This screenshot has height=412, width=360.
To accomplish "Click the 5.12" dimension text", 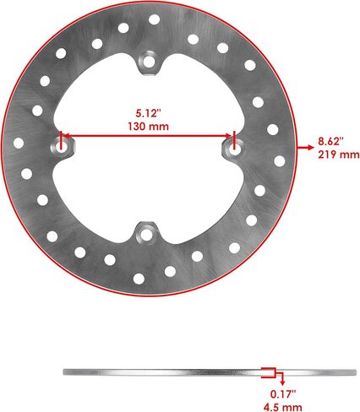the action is (x=148, y=113).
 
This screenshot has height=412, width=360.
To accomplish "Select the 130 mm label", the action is (x=149, y=127).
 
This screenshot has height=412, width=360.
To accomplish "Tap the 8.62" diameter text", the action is (x=331, y=141).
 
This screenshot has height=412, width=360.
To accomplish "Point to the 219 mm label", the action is (x=339, y=154).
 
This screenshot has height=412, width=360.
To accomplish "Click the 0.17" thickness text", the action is (x=283, y=394).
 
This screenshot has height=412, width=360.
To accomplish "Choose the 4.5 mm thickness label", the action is (x=283, y=407).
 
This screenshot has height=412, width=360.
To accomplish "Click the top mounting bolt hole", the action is (x=149, y=62).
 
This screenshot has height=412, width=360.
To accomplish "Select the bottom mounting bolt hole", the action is (x=146, y=235).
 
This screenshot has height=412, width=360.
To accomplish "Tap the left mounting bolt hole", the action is (x=60, y=146).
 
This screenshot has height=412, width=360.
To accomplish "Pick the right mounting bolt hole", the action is (x=234, y=149).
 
